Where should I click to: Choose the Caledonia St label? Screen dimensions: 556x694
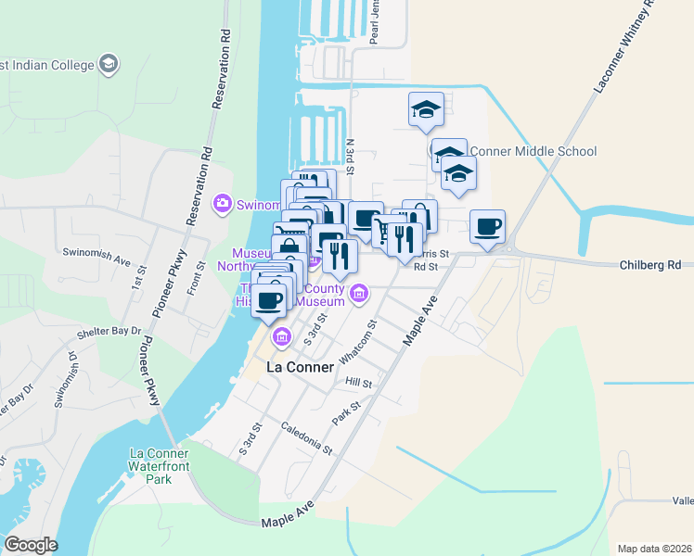[x=307, y=437]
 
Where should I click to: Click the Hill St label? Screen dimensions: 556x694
[x=358, y=382]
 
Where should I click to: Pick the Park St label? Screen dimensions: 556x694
[x=348, y=410]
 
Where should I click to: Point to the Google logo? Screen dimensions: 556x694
[x=31, y=545]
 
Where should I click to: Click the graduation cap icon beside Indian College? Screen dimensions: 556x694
[x=109, y=65]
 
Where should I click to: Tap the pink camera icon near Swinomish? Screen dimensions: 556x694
[x=222, y=204]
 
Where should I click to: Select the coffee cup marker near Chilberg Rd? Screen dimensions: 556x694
[x=487, y=227]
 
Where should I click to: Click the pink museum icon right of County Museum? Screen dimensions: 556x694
[x=360, y=295]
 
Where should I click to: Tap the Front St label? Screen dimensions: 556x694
[x=200, y=277]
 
